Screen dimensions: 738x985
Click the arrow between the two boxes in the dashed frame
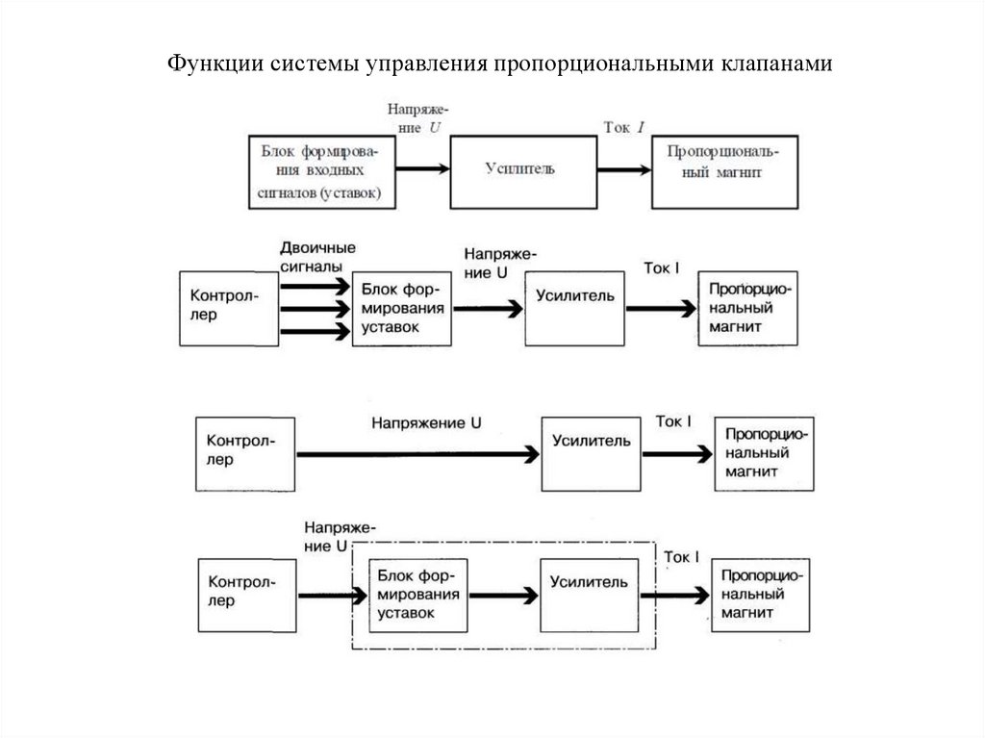pos(502,596)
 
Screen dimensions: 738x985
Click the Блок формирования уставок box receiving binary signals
pos(403,309)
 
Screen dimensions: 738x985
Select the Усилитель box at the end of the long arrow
pos(591,452)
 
